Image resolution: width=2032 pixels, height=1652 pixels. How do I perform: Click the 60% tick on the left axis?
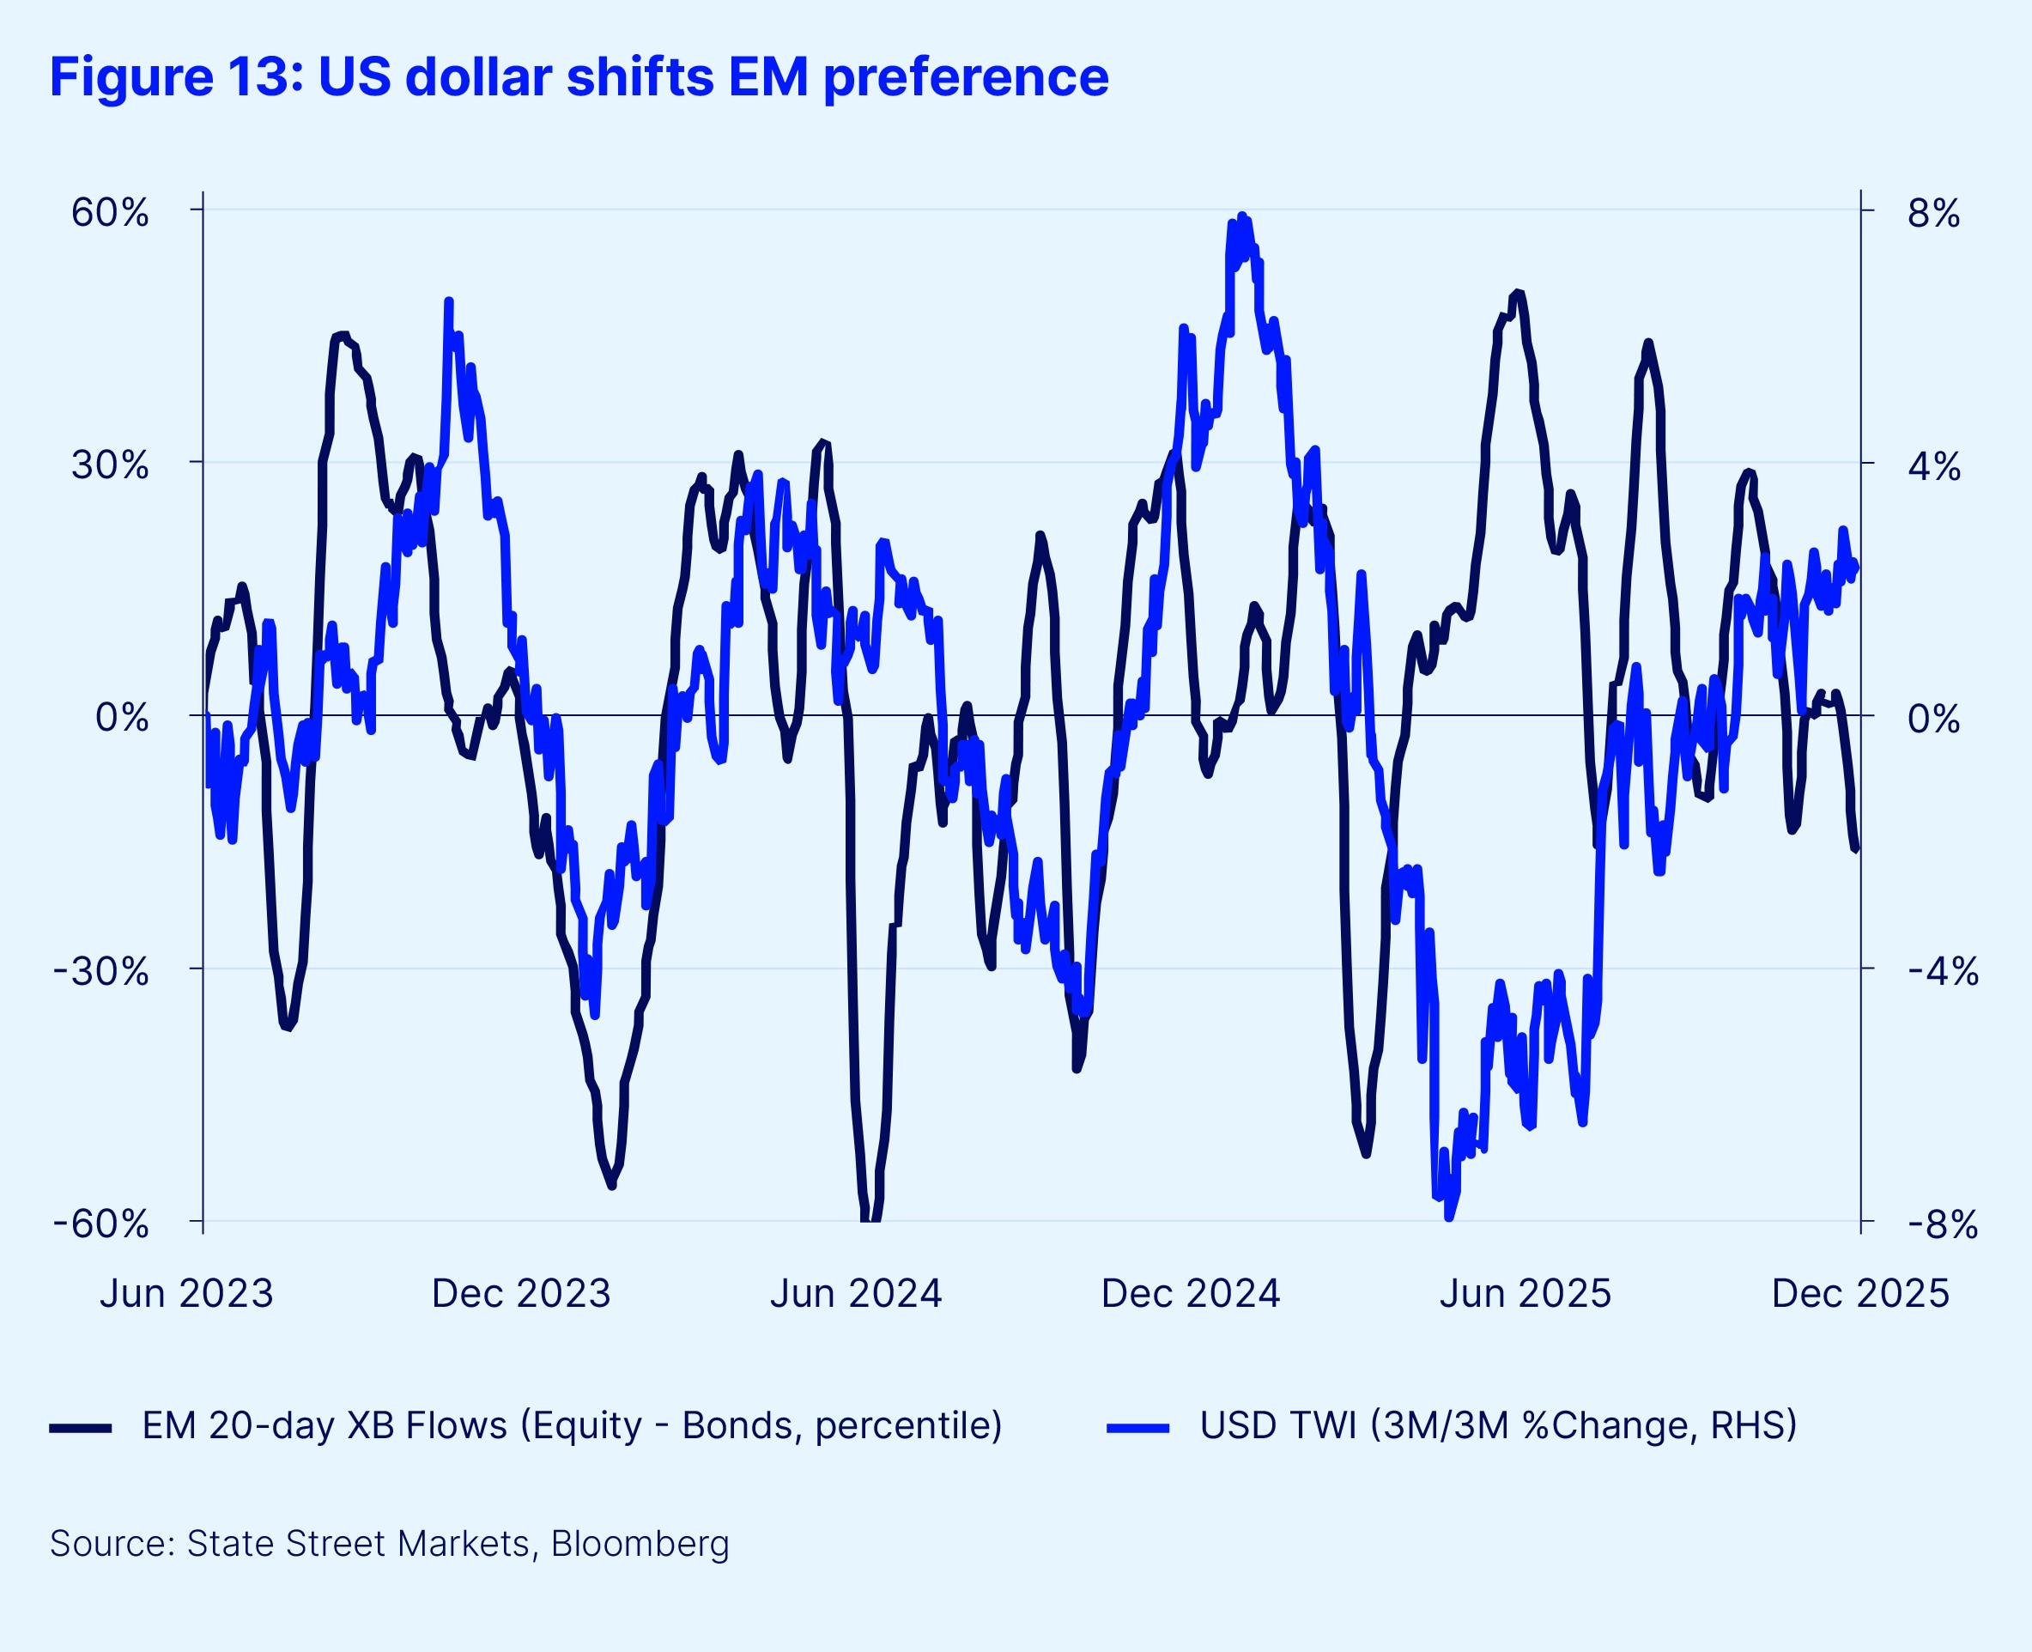(x=109, y=213)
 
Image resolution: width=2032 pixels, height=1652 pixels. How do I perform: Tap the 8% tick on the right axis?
(x=1933, y=213)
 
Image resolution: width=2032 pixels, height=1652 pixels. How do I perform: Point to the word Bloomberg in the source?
(x=640, y=1544)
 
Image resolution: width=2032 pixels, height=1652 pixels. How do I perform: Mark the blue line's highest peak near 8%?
(x=1241, y=216)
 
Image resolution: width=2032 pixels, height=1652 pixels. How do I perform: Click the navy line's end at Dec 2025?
(x=1856, y=850)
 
